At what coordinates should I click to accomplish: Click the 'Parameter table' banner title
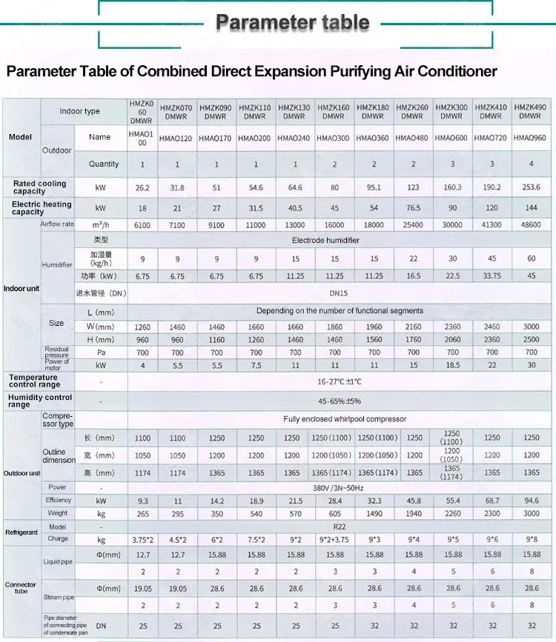[x=292, y=23]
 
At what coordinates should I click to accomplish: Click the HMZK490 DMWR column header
[x=530, y=112]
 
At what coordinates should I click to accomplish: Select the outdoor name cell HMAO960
[x=530, y=138]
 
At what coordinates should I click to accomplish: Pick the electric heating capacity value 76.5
[x=412, y=209]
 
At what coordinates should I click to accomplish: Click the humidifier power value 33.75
[x=491, y=276]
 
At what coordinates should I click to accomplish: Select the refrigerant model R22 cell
[x=334, y=526]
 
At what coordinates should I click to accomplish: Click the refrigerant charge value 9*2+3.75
[x=335, y=540]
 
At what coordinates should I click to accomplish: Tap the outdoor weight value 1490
[x=374, y=513]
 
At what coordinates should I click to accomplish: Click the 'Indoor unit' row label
[x=21, y=288]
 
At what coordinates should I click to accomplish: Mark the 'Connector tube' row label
[x=21, y=589]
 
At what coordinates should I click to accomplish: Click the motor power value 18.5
[x=451, y=366]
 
